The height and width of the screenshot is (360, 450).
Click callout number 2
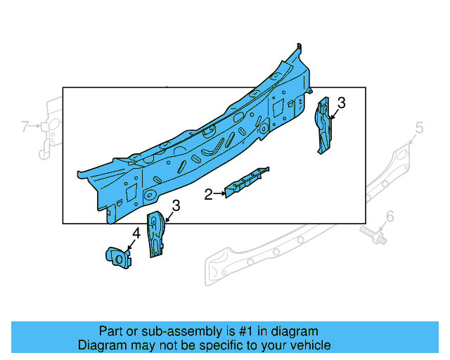point(208,195)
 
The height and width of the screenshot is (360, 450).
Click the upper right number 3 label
point(341,103)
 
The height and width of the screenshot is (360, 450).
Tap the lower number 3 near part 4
point(176,205)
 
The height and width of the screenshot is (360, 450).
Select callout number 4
point(136,233)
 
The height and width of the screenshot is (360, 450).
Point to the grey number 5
point(419,127)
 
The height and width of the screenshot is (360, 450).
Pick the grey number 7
point(25,127)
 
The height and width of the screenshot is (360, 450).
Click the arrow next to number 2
point(219,193)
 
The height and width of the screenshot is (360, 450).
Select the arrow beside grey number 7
point(35,127)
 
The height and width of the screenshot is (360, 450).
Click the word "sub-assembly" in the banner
point(162,331)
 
